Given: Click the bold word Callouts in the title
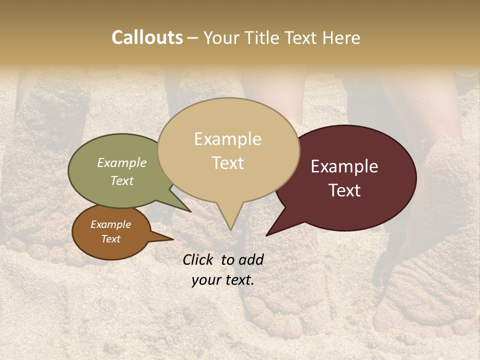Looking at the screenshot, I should pyautogui.click(x=147, y=37).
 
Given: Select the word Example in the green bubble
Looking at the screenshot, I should pyautogui.click(x=122, y=162).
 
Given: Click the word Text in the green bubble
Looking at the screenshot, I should pyautogui.click(x=122, y=180).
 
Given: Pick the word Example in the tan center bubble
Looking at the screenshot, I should pyautogui.click(x=227, y=139).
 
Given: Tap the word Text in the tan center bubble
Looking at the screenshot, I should pyautogui.click(x=227, y=163).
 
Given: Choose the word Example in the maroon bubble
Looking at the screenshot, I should pyautogui.click(x=344, y=166).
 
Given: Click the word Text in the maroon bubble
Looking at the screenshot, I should pyautogui.click(x=344, y=190).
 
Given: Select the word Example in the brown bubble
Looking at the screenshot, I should pyautogui.click(x=111, y=224).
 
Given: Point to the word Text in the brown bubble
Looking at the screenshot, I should pyautogui.click(x=111, y=239).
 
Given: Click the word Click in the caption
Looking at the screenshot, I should pyautogui.click(x=198, y=259).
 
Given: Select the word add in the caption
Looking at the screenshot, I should pyautogui.click(x=251, y=259).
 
